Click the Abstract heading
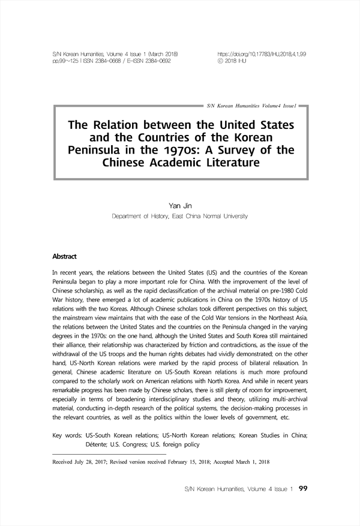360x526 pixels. tap(65, 257)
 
